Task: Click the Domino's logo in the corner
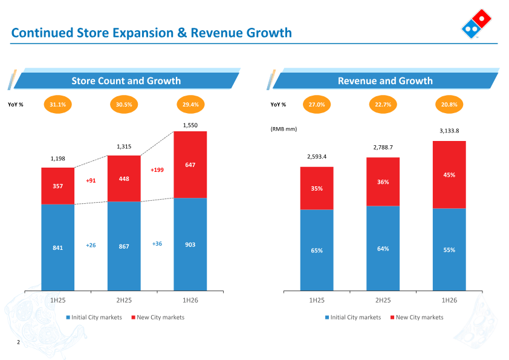pos(476,24)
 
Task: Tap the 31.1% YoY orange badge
pos(58,104)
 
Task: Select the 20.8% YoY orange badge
pos(449,104)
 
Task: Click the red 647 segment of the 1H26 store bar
pos(190,165)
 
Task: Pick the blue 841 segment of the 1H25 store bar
pos(58,247)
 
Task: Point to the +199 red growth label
pos(157,170)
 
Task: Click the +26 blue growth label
pos(91,245)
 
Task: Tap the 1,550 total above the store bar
pos(190,125)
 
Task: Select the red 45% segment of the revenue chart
pos(449,175)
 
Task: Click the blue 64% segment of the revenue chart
pos(383,248)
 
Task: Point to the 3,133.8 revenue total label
pos(449,131)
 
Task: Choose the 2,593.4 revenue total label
pos(317,157)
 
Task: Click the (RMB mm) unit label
pos(284,129)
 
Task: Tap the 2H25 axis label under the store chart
pos(124,300)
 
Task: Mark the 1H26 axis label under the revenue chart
pos(449,300)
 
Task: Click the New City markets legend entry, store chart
pos(158,317)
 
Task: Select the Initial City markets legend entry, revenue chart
pos(353,317)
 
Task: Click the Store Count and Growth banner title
pos(126,80)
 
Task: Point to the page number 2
pos(19,342)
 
